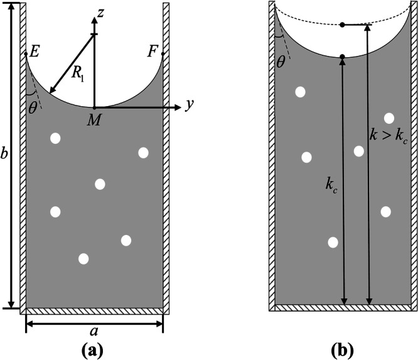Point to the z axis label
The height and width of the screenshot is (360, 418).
(101, 11)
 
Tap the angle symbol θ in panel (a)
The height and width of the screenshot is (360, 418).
(33, 107)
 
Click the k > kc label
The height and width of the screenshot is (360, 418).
(387, 133)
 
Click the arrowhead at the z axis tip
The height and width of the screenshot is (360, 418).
(94, 19)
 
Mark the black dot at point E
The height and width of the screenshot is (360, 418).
(26, 54)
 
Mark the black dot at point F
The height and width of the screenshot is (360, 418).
(163, 54)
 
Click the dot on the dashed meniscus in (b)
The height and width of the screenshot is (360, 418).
(342, 25)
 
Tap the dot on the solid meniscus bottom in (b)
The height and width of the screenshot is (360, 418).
(342, 58)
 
